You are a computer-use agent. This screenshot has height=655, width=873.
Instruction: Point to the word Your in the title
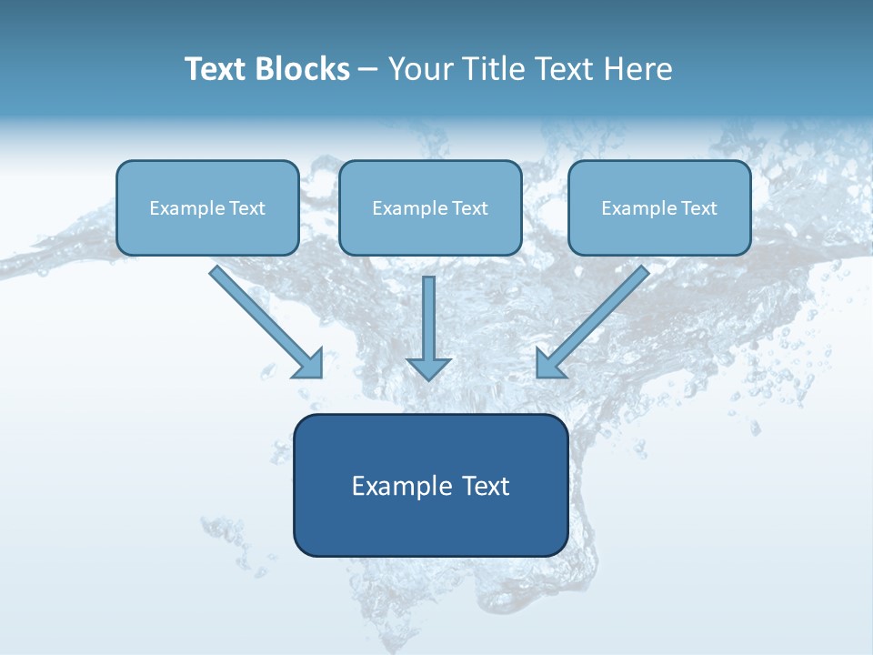tap(417, 69)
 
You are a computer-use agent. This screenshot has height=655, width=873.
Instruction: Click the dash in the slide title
tap(368, 69)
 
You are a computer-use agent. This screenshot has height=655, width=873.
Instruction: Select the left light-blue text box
tap(207, 207)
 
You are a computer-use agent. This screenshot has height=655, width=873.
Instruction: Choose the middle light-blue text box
tap(430, 207)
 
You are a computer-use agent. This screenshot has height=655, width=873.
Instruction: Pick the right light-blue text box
tap(659, 207)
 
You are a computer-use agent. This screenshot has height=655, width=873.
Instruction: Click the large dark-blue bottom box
tap(430, 485)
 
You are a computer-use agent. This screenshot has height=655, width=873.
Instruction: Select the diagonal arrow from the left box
tap(264, 319)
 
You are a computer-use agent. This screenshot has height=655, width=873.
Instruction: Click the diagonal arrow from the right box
tap(595, 319)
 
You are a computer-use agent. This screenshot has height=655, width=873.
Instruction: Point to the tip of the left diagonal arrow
tap(321, 376)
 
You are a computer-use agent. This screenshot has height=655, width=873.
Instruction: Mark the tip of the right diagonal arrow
tap(538, 376)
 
